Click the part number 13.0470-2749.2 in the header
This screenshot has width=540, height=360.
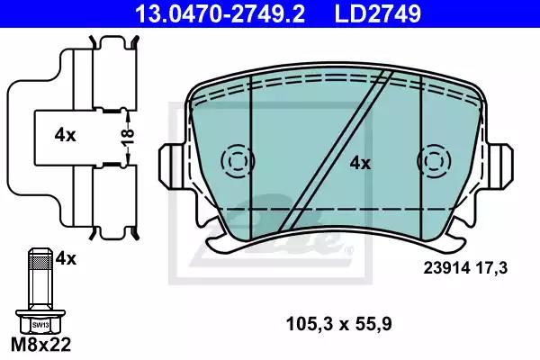(x=220, y=13)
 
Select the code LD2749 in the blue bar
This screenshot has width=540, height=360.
(x=378, y=13)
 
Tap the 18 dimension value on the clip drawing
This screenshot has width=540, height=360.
(x=128, y=137)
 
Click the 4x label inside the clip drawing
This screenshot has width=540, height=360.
(x=65, y=136)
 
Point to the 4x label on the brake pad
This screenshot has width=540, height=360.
(x=360, y=163)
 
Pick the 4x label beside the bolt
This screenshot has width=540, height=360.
(x=66, y=258)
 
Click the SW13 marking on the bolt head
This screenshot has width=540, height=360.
(x=40, y=325)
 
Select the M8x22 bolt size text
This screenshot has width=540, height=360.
(x=41, y=344)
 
